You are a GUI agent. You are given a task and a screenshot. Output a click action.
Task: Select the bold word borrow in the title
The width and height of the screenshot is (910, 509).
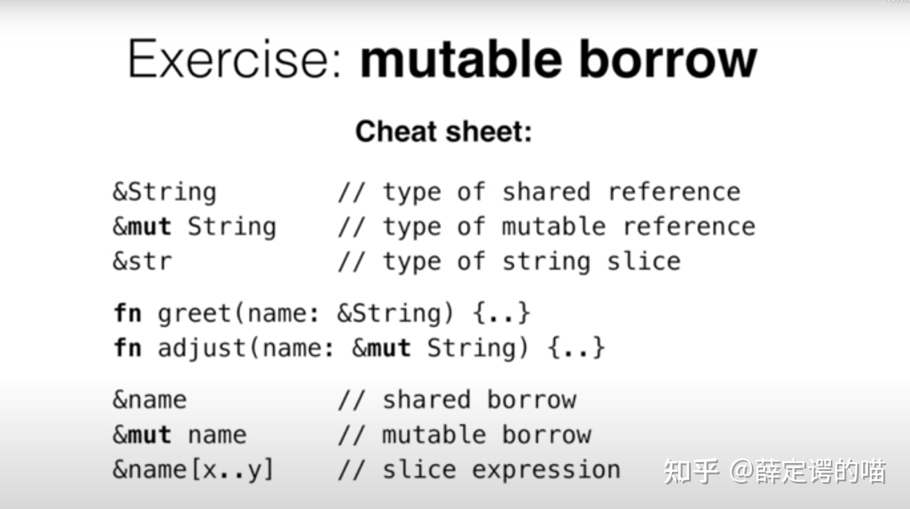point(668,58)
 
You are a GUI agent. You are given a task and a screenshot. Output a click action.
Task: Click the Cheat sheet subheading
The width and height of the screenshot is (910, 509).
point(444,131)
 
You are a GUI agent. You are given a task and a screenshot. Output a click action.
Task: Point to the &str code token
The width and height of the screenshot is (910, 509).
point(142,261)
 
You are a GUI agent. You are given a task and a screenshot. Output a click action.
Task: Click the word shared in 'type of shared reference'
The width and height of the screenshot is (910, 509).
point(546,192)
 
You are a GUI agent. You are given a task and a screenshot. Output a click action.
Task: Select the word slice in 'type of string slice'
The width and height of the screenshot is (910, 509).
point(644,261)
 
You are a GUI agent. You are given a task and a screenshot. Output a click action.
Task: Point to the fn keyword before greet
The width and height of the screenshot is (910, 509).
point(127,313)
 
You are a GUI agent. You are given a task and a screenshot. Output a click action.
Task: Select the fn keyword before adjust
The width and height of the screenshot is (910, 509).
point(127,347)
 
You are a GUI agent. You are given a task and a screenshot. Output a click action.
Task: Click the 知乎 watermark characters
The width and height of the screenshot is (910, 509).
point(691,471)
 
